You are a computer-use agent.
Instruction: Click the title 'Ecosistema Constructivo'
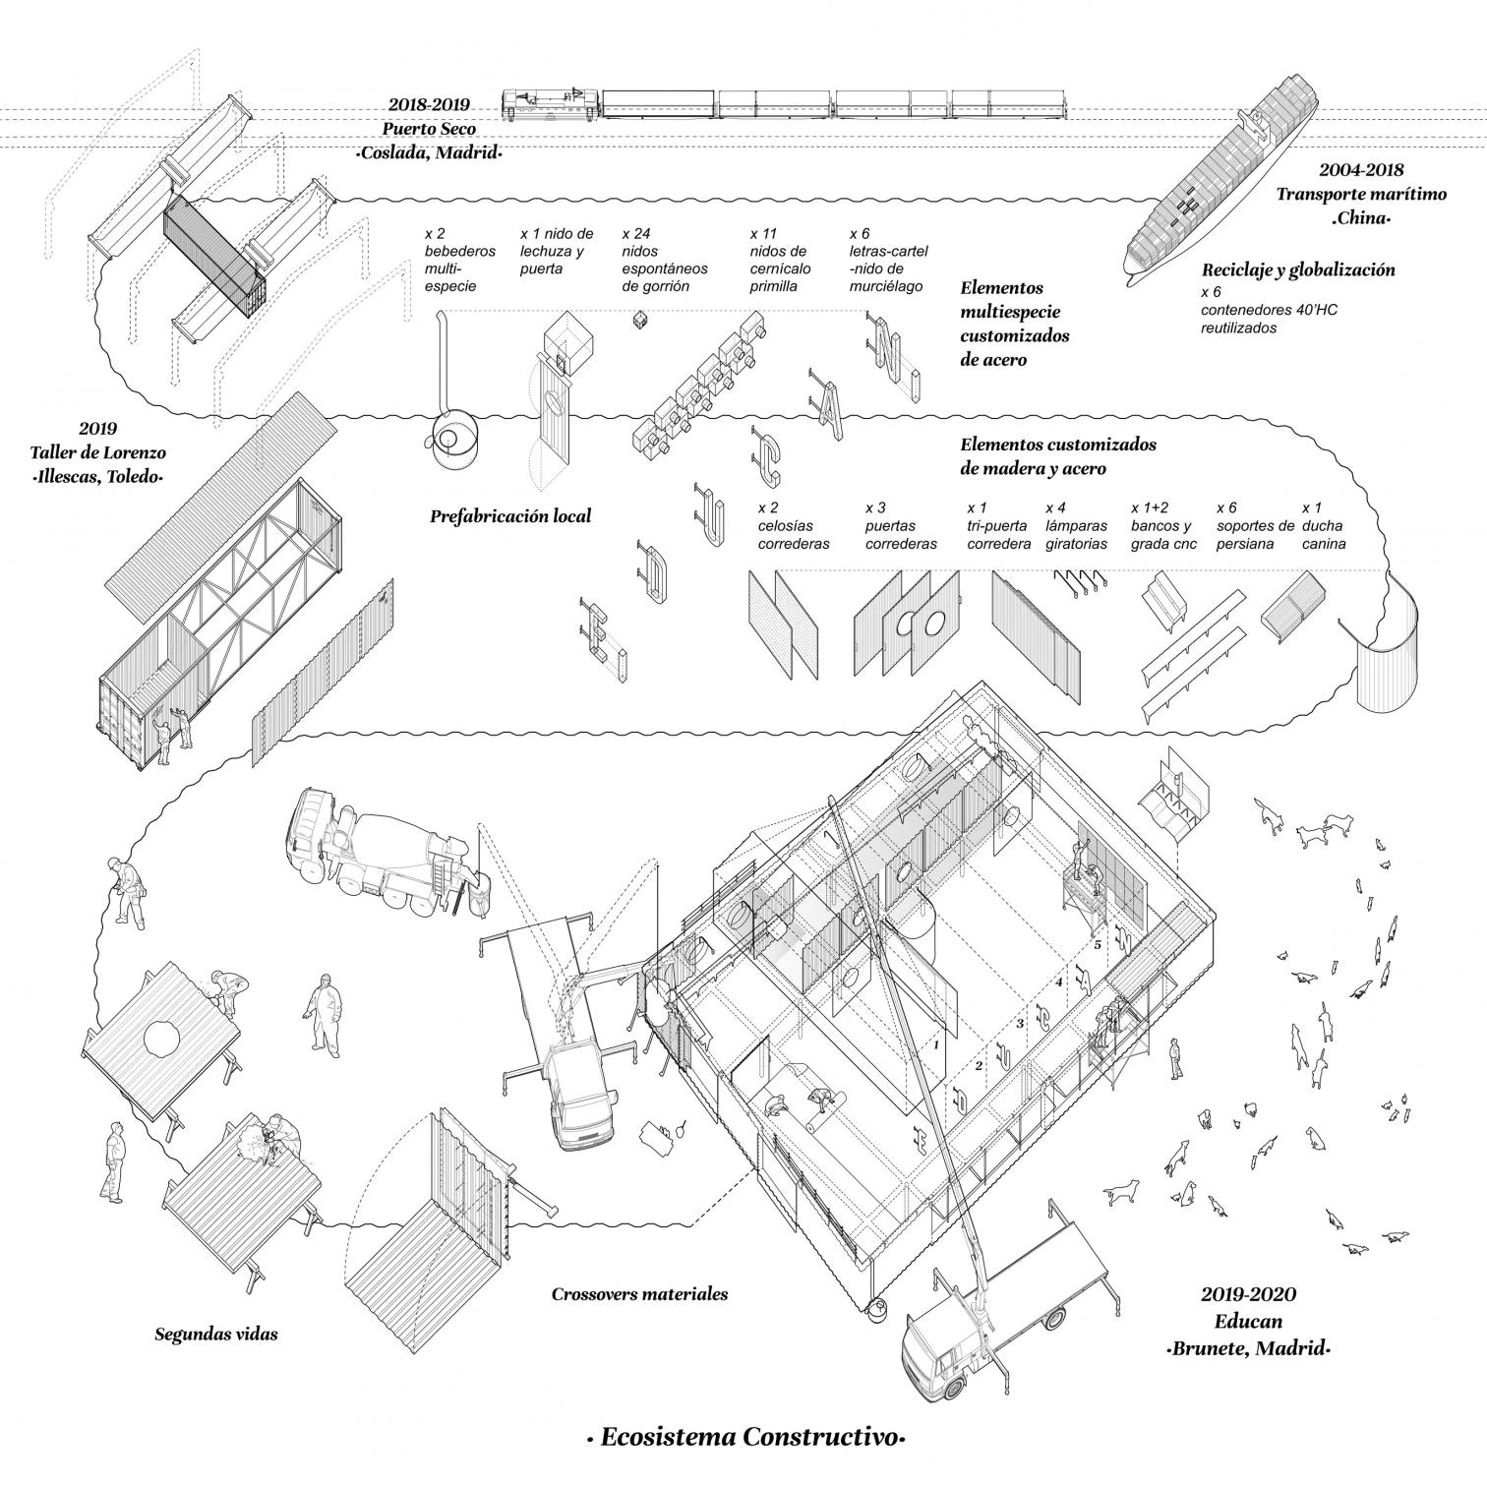point(744,1437)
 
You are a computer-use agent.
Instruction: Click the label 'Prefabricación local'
point(510,515)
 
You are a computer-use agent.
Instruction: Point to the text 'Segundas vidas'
point(216,1335)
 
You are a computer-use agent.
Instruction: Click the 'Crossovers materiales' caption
point(639,1294)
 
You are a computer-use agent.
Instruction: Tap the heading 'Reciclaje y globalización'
point(1298,269)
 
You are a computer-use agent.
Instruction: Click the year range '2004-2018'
point(1361,169)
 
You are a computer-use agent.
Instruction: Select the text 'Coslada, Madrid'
point(429,153)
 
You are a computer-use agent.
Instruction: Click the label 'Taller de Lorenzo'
point(96,453)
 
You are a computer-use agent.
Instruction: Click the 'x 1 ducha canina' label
point(1323,526)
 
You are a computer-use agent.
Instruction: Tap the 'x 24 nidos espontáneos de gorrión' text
point(657,261)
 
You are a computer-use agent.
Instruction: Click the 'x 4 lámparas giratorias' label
point(1076,526)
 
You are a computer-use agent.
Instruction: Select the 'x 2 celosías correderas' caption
point(794,526)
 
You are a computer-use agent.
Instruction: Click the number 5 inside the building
point(1098,945)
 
